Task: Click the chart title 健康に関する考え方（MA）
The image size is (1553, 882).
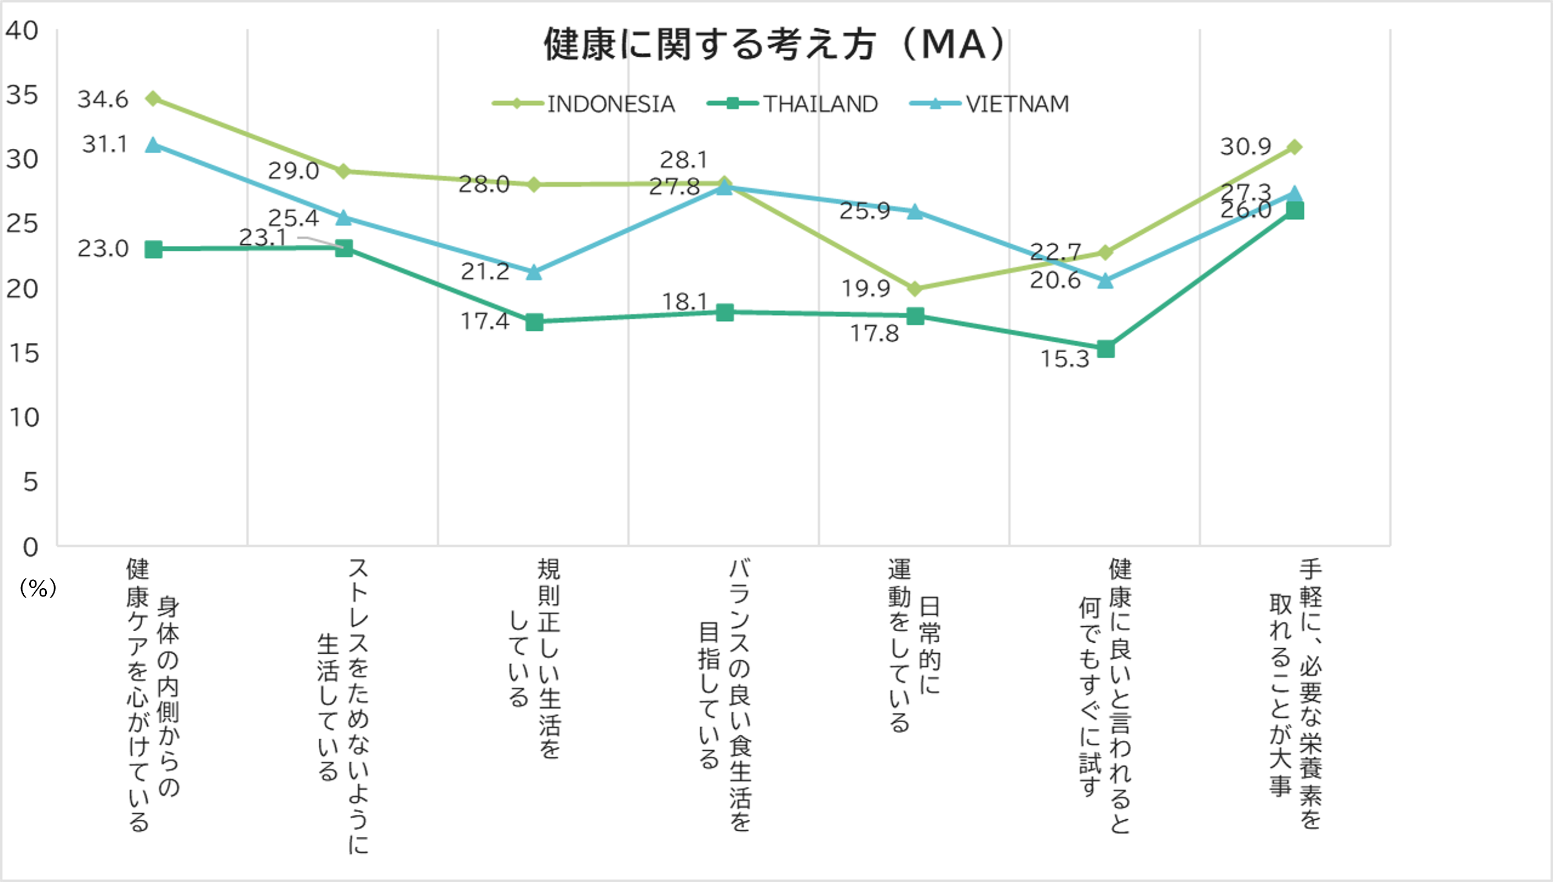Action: [x=775, y=45]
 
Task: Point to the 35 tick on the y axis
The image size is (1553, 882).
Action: [x=22, y=95]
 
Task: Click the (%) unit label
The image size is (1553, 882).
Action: [x=38, y=588]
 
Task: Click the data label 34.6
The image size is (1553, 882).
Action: [x=103, y=99]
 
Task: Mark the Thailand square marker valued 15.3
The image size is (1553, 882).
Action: [x=1105, y=349]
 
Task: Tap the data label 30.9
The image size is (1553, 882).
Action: [x=1245, y=147]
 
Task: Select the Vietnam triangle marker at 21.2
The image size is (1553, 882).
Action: [x=533, y=272]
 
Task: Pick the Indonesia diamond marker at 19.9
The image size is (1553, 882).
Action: [x=915, y=289]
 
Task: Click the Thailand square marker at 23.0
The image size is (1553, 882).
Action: [x=153, y=249]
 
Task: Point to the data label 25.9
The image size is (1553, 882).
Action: [x=864, y=211]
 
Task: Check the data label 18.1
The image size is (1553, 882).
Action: [x=684, y=301]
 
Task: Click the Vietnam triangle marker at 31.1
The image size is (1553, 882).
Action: [x=153, y=146]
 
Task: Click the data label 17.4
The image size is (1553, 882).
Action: [x=485, y=321]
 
